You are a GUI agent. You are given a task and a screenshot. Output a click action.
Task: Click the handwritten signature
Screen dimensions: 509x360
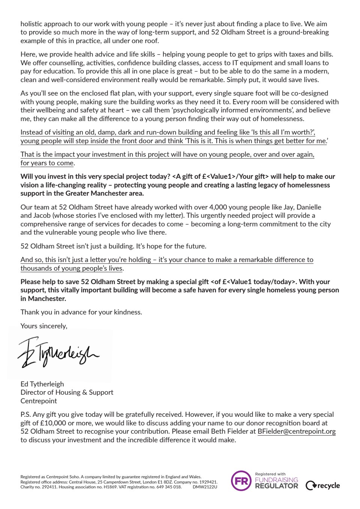58,353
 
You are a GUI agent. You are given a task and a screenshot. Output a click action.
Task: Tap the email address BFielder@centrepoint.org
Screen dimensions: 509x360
296,431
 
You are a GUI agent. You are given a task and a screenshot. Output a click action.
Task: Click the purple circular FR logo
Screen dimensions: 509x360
241,481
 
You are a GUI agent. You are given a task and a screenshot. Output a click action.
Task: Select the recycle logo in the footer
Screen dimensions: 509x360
323,486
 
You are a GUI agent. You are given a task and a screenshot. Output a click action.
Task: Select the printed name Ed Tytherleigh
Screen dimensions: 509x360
42,384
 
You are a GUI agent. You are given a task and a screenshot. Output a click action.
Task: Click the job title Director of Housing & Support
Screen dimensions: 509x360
67,392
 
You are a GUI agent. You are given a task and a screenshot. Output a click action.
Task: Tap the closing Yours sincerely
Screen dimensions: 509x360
44,326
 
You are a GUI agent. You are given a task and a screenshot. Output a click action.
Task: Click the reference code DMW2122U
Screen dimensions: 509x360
205,487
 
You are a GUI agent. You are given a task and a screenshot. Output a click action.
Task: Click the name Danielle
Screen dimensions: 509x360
309,207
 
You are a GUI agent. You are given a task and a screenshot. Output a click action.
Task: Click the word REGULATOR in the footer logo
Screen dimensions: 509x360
276,486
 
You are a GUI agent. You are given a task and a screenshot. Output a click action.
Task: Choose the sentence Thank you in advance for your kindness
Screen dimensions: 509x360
81,312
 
